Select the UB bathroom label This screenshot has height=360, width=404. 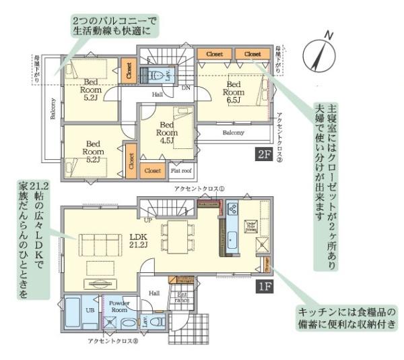tap(89, 309)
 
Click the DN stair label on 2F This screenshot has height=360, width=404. tap(185, 88)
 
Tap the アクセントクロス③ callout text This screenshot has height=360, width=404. tap(113, 341)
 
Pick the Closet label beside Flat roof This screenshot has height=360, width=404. tap(153, 171)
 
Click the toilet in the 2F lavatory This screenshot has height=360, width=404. tap(156, 76)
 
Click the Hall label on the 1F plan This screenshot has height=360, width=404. tap(154, 293)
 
